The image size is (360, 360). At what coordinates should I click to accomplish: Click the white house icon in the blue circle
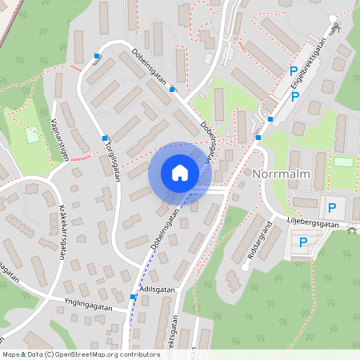click(179, 172)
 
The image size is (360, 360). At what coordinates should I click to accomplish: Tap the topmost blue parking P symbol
click(294, 71)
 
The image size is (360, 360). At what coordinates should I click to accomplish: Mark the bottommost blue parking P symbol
click(303, 242)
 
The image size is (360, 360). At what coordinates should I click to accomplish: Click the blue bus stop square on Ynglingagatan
click(133, 296)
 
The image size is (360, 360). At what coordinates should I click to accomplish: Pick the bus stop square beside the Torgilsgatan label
click(104, 138)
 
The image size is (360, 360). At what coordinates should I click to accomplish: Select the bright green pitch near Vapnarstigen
click(31, 134)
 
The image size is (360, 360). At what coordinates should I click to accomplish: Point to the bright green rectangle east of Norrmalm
click(343, 162)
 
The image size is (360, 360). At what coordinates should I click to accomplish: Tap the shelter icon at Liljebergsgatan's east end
click(353, 230)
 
